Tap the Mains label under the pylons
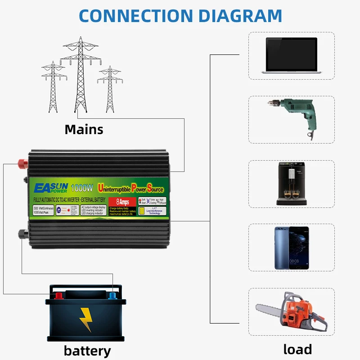(84, 130)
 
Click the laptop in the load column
(292, 55)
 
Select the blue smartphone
(292, 247)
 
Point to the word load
(297, 349)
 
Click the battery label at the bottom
(87, 351)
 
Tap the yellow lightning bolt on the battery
(85, 319)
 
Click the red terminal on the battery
(58, 296)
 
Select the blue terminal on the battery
(112, 296)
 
